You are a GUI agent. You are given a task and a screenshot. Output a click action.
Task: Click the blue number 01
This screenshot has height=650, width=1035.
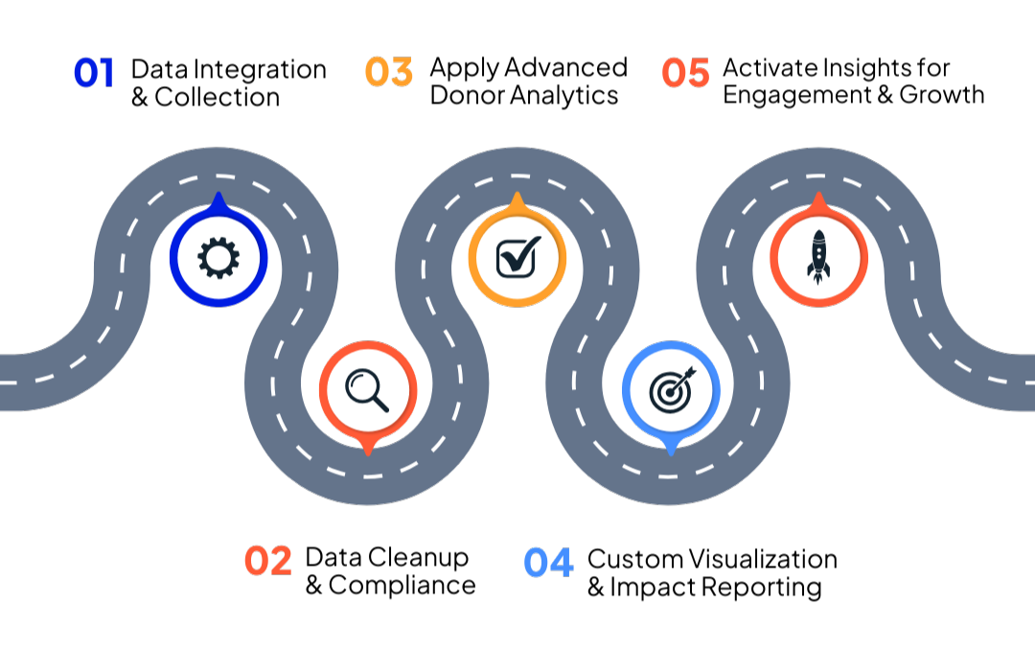pos(93,73)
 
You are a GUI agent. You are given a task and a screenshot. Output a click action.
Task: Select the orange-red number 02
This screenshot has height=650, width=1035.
pos(267,561)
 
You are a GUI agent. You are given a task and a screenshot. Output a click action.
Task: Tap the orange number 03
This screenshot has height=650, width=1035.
pos(388,72)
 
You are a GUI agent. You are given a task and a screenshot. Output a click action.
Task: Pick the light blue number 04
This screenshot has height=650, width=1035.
pos(548,563)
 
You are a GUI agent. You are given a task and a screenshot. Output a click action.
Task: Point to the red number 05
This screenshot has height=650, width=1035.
pos(685,73)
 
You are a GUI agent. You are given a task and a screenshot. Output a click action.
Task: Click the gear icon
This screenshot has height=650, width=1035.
pos(218,258)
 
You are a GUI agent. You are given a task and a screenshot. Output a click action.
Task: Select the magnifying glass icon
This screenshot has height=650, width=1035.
pos(367,389)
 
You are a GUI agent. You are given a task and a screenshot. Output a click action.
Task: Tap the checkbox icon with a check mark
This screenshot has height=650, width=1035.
pos(517,257)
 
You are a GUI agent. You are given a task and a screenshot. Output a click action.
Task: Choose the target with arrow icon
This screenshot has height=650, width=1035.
pos(671,389)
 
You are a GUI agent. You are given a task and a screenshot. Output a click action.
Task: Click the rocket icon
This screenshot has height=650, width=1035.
pos(818,257)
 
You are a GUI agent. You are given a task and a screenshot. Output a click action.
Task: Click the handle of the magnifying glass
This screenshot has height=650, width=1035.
pos(379,402)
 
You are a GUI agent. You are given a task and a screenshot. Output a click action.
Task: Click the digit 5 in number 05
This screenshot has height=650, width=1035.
pos(698,73)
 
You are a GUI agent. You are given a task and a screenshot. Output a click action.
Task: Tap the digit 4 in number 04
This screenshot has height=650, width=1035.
pos(561,563)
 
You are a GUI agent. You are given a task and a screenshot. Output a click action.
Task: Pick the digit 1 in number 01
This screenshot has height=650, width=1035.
pos(106,73)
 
